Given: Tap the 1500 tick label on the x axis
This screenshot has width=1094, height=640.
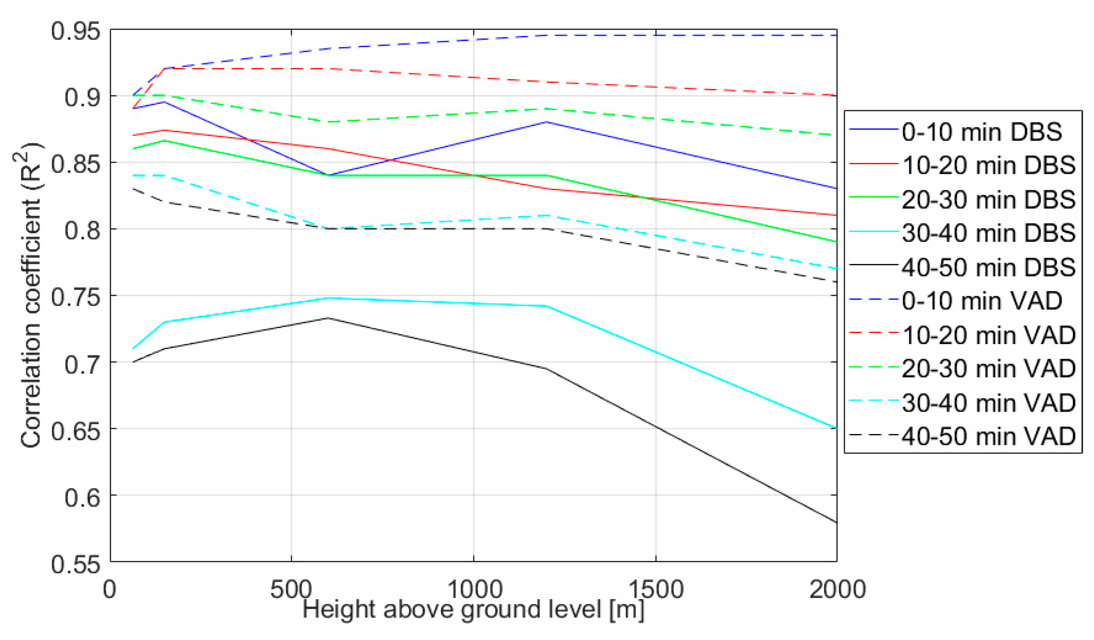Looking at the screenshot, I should click(x=655, y=590).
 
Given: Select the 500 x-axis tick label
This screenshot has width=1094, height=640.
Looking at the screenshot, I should click(x=291, y=590).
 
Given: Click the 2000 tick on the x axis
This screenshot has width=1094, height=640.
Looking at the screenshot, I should click(x=837, y=590).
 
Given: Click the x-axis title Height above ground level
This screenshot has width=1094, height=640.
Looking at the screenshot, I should click(x=473, y=610).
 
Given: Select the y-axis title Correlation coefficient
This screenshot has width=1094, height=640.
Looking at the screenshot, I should click(x=31, y=295).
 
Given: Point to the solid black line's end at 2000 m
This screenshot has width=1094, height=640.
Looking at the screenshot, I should click(x=836, y=522).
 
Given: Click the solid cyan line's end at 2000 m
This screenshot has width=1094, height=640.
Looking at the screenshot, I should click(x=836, y=428).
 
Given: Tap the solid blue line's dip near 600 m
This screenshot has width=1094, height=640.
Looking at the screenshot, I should click(x=329, y=175).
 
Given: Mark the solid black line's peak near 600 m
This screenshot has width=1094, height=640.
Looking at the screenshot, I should click(x=329, y=318).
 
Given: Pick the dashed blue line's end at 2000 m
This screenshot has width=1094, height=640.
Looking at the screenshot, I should click(x=836, y=35).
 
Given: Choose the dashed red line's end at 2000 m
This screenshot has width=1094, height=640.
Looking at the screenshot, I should click(x=836, y=95).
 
